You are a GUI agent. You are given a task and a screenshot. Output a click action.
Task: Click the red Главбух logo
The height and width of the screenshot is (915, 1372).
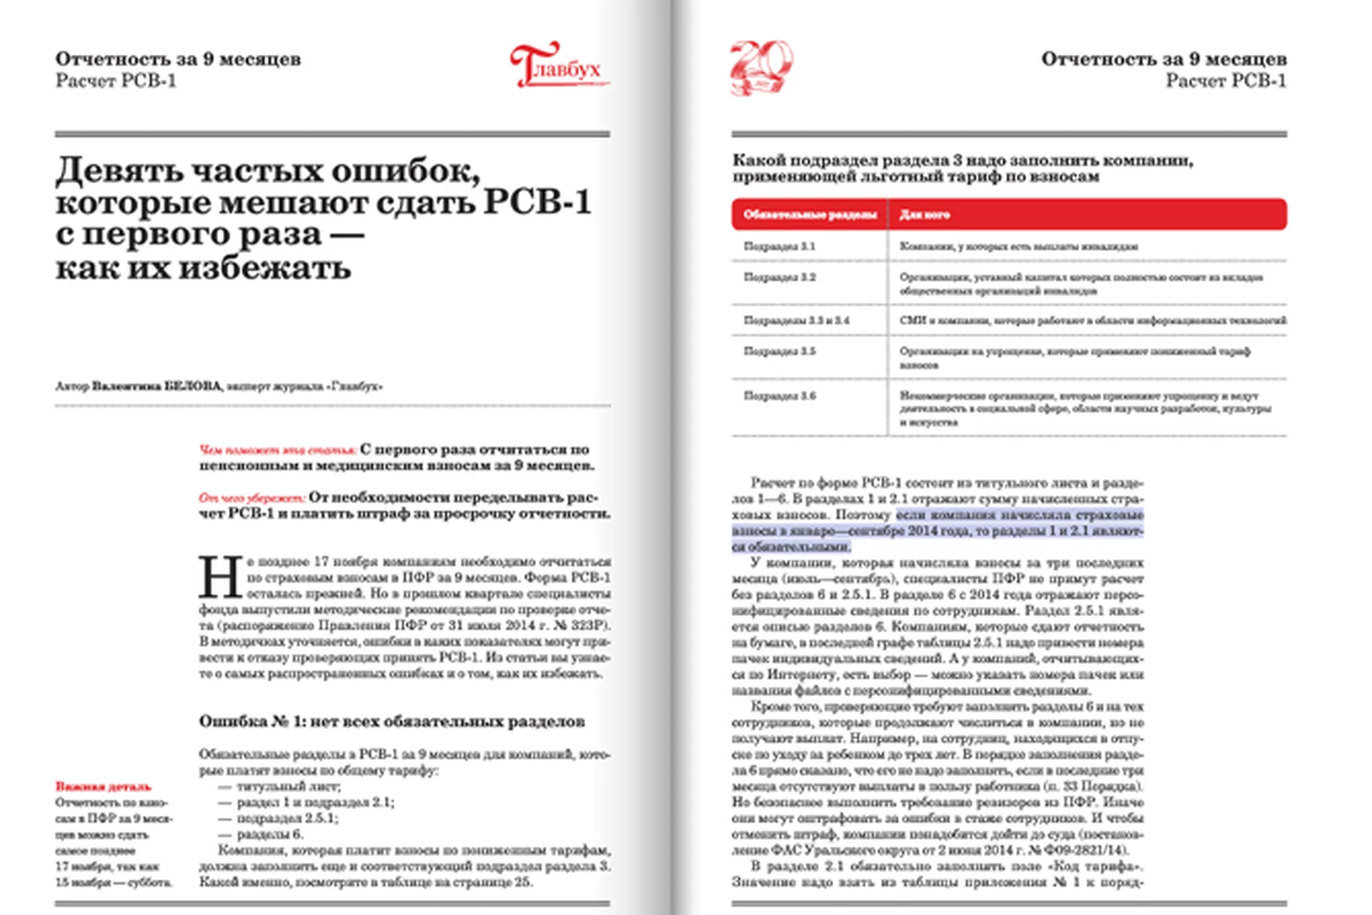pyautogui.click(x=558, y=66)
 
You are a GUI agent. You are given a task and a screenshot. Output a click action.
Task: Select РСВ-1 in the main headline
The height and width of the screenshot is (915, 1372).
pyautogui.click(x=537, y=202)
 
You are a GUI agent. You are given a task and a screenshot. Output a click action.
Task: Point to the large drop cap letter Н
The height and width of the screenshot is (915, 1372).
pyautogui.click(x=220, y=577)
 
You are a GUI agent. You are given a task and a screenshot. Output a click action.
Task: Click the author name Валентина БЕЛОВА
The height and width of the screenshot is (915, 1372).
pyautogui.click(x=156, y=387)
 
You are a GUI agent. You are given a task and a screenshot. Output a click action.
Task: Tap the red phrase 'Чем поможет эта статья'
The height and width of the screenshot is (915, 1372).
pyautogui.click(x=277, y=450)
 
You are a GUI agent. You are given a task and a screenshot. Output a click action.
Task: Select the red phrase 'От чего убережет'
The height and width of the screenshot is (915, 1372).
pyautogui.click(x=252, y=498)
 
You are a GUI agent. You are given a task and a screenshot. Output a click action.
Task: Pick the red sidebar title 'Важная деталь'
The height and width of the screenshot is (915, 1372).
pyautogui.click(x=104, y=787)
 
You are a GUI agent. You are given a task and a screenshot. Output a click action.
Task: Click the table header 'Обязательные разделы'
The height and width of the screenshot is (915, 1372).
pyautogui.click(x=810, y=214)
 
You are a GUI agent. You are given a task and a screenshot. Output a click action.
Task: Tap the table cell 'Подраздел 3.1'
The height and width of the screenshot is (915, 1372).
pyautogui.click(x=779, y=247)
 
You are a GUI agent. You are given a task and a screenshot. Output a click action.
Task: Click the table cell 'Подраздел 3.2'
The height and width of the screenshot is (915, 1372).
pyautogui.click(x=779, y=277)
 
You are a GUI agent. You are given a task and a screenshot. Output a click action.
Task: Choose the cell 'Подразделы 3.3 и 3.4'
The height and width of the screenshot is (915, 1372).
pyautogui.click(x=796, y=320)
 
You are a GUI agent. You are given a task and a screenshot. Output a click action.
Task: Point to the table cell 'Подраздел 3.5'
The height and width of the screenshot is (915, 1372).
pyautogui.click(x=779, y=351)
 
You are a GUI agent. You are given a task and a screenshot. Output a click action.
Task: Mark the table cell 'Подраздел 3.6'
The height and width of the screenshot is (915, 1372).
pyautogui.click(x=779, y=396)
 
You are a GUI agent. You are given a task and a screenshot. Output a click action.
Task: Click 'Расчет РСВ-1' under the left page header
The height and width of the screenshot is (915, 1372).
pyautogui.click(x=116, y=81)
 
